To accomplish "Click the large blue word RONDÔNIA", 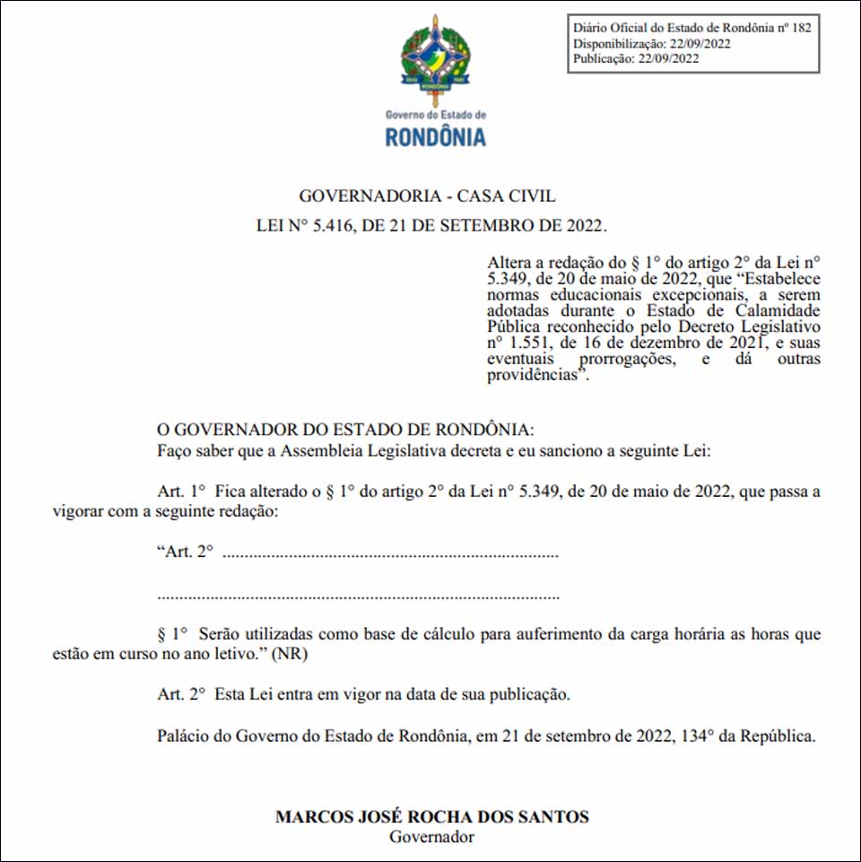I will [435, 137].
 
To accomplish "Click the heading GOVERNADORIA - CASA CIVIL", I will [427, 196].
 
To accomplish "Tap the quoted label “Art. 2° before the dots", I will [185, 552].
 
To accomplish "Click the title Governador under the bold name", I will [431, 837].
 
